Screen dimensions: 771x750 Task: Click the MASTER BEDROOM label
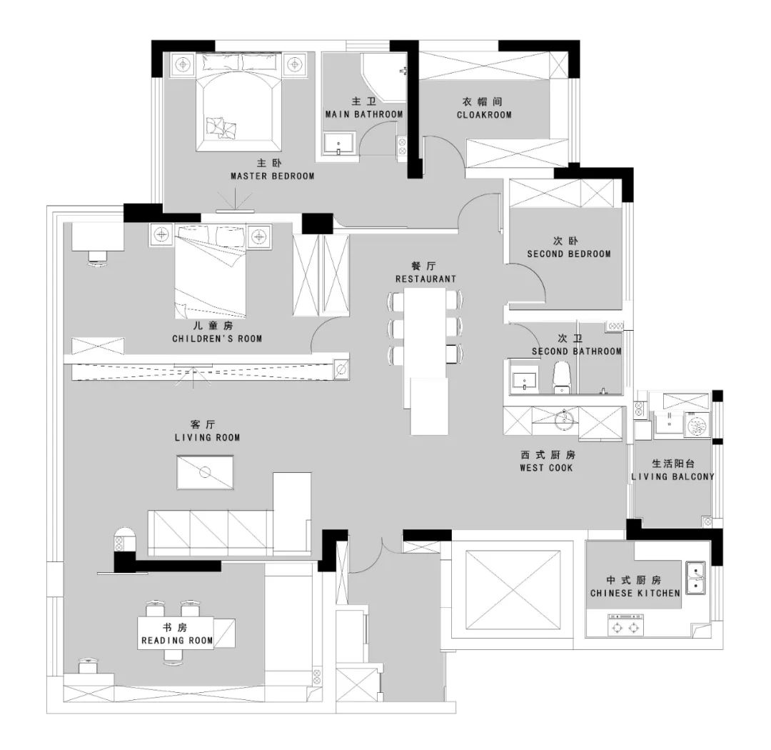coord(273,176)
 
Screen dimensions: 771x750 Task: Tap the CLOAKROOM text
coord(484,115)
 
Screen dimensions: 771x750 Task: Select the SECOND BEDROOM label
coord(569,254)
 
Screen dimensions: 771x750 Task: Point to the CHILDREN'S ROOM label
coord(217,339)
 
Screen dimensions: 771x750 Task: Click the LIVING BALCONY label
coord(672,476)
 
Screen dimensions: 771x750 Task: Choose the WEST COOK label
coord(546,468)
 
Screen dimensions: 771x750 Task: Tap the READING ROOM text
coord(177,640)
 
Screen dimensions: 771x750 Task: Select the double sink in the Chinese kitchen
coord(696,579)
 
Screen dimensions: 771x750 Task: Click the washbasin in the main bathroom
coord(339,143)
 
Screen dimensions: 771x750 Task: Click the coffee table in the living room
coord(205,472)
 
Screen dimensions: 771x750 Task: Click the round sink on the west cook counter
coord(564,420)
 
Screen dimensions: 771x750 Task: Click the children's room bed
coord(211,272)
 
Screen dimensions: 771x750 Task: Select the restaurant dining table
coord(425,326)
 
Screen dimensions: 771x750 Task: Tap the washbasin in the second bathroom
coord(524,381)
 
